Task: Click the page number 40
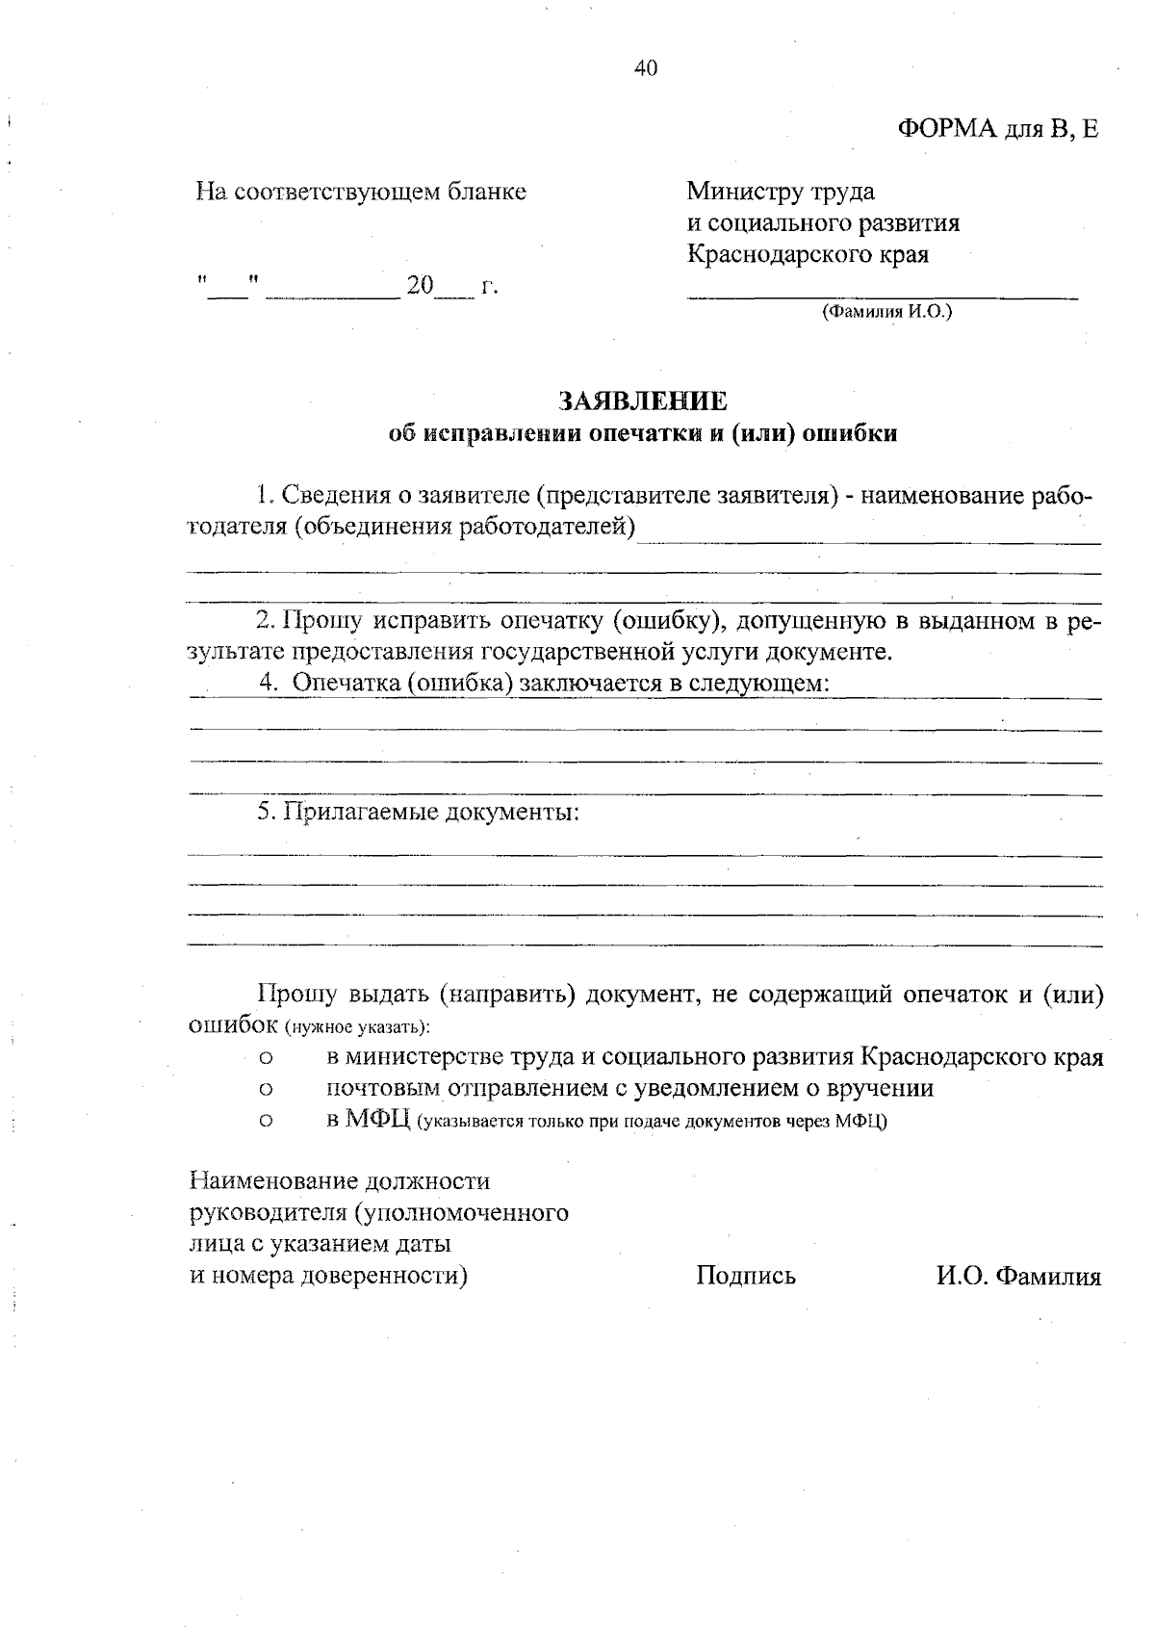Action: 645,67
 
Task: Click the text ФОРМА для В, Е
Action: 997,129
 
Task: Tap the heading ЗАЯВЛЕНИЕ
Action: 644,401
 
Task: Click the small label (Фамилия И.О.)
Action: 885,312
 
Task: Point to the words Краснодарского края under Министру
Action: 808,255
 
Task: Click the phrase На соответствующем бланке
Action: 361,192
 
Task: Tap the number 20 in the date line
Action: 421,286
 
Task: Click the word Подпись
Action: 746,1276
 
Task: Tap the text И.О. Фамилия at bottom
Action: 1018,1276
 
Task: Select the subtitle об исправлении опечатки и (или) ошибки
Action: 643,433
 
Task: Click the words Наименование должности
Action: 340,1180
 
